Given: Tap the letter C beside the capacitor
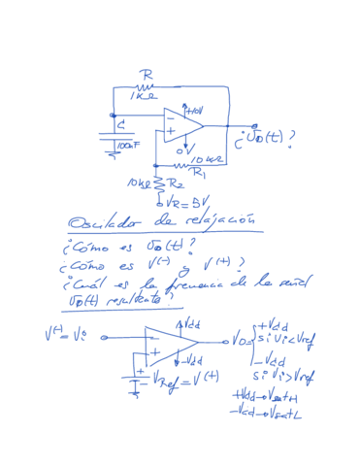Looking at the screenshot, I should point(120,125).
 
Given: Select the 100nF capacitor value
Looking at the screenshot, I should point(129,146).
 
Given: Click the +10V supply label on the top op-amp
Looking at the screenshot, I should point(194,110).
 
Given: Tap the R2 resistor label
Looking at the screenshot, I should point(177,183).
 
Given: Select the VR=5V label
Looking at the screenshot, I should point(177,204).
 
